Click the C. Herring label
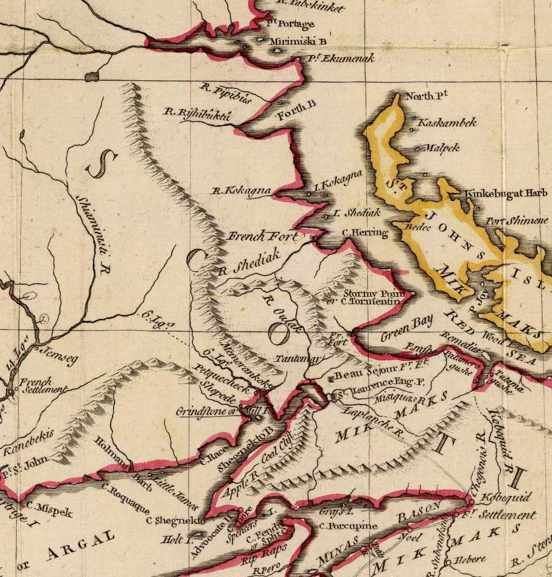[365, 232]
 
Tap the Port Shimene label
[517, 220]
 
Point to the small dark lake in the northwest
[93, 76]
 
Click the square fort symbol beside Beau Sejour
[330, 379]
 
